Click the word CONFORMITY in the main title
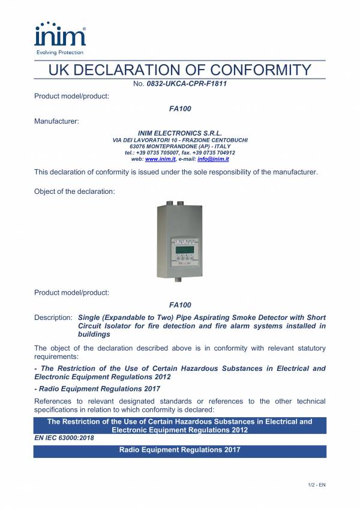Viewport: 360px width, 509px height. (x=251, y=70)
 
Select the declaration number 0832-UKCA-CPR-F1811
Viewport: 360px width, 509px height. (x=186, y=84)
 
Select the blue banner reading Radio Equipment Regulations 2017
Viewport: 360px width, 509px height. (x=180, y=451)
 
